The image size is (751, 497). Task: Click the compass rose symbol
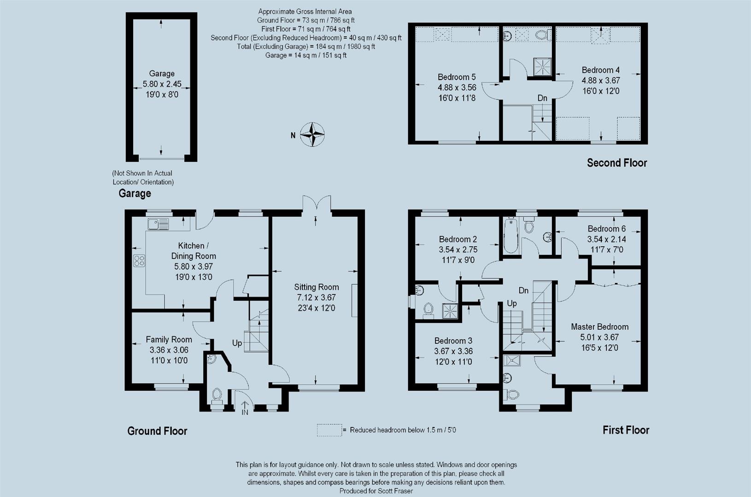(x=312, y=135)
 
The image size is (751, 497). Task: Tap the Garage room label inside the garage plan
(x=162, y=73)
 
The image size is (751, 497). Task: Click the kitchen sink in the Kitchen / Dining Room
(x=158, y=224)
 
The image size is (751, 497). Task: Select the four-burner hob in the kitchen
(x=139, y=260)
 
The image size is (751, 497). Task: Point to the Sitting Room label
(x=317, y=287)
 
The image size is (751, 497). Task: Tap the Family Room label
(x=169, y=340)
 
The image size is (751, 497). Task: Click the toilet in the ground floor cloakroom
(x=217, y=396)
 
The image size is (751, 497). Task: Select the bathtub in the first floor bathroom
(x=510, y=236)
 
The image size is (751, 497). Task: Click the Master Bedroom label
(x=600, y=327)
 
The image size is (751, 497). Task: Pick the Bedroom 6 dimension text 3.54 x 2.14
(x=606, y=239)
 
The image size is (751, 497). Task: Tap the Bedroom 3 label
(x=453, y=341)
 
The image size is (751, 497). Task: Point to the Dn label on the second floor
(x=542, y=98)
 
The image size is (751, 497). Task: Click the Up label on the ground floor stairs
(x=237, y=343)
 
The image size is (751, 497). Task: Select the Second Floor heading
(x=617, y=163)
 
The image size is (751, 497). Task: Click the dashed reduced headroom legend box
(x=329, y=430)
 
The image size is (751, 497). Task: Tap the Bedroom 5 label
(x=457, y=77)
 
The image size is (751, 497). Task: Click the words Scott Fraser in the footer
(x=395, y=491)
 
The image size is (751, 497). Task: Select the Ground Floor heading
(x=157, y=431)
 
